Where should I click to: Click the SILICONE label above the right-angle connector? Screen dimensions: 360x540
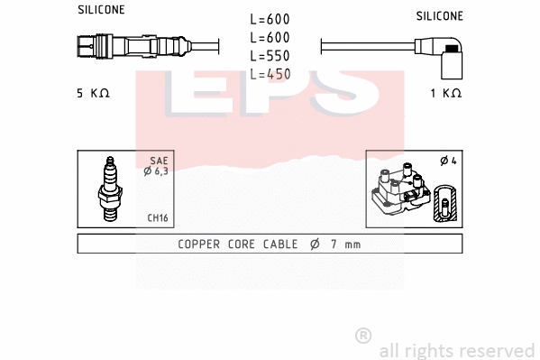tap(439, 15)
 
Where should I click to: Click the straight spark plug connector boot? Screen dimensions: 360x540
tap(135, 44)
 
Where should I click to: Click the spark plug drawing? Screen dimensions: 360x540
tap(109, 189)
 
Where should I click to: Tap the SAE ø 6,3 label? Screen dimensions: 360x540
tap(156, 166)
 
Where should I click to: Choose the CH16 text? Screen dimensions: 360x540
tap(158, 217)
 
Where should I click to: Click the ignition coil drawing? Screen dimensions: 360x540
tap(399, 192)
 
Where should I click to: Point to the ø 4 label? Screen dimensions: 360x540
tap(447, 162)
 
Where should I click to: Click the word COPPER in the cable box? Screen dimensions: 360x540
tap(201, 244)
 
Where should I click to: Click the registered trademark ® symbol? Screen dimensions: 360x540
tap(363, 336)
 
